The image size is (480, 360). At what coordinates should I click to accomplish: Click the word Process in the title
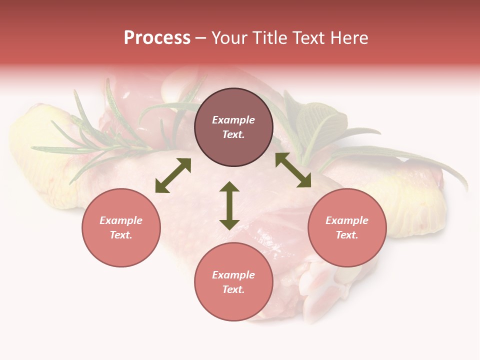157,38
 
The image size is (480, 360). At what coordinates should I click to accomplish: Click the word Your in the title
230,38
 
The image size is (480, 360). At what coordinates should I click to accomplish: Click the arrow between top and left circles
173,175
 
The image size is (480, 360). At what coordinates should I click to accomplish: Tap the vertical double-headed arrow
229,205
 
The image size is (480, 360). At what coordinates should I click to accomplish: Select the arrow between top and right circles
293,170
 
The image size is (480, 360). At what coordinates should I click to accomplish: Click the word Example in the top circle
233,120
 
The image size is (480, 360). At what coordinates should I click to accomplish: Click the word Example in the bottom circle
233,275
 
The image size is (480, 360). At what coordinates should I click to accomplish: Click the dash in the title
201,38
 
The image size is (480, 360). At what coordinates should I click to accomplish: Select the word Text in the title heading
307,38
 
